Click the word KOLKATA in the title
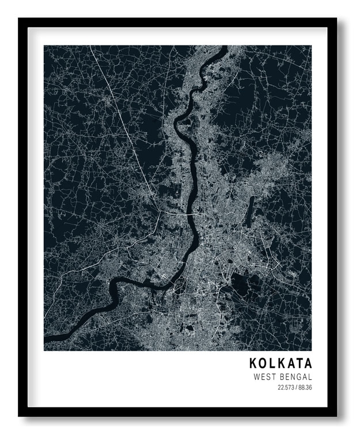click(281, 364)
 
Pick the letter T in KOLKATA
click(299, 364)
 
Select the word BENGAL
click(294, 377)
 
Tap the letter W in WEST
click(256, 377)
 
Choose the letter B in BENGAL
click(279, 377)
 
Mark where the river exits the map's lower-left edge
click(46, 345)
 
